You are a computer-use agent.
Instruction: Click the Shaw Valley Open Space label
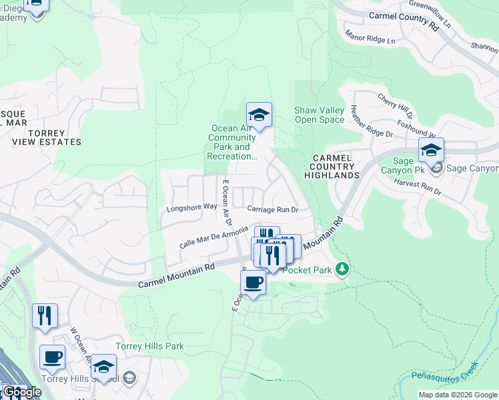(x=319, y=115)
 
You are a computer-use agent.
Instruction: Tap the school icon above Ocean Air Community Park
(x=259, y=115)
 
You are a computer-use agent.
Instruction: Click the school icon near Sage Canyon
(x=431, y=150)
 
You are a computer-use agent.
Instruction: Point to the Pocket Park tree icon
(x=342, y=269)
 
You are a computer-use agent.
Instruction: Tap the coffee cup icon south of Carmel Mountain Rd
(x=253, y=283)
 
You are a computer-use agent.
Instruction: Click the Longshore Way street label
(x=191, y=207)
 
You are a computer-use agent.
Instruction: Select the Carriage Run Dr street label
(x=272, y=209)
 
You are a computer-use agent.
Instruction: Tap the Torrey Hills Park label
(x=149, y=346)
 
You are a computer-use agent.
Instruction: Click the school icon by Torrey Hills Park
(x=103, y=367)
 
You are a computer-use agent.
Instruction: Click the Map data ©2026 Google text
(x=457, y=395)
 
